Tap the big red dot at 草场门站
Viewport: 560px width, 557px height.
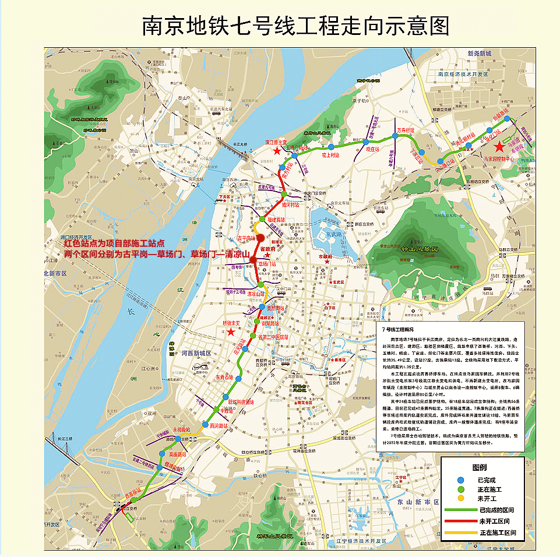[253, 260]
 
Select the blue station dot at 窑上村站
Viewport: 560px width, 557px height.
[330, 147]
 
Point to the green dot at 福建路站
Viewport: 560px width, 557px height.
[262, 219]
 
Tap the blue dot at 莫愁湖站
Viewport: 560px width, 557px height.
[262, 307]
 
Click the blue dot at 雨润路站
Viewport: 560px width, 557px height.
[205, 424]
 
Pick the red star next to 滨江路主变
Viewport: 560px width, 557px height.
[277, 151]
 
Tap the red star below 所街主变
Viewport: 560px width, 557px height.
[231, 332]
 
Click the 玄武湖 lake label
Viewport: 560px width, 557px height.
[333, 234]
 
